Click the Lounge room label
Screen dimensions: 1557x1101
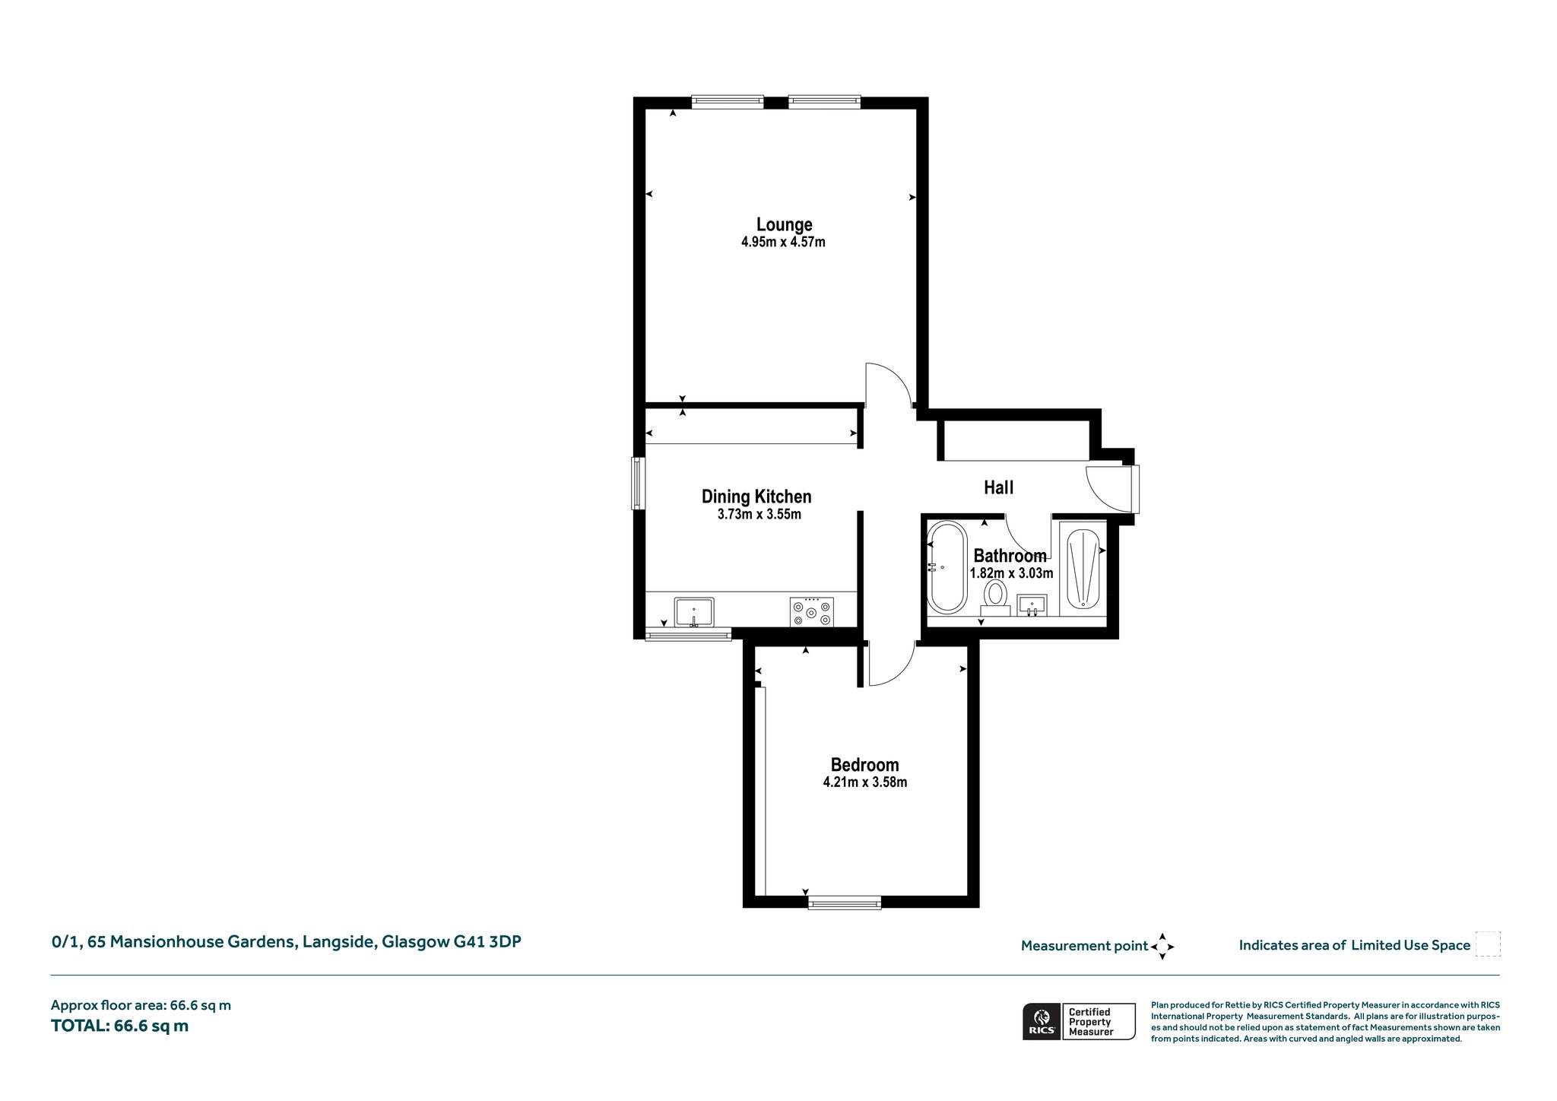[784, 225]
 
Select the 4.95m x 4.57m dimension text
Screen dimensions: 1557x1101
[783, 243]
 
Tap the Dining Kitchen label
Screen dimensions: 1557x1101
[756, 497]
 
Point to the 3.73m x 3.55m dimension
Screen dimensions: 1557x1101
[759, 515]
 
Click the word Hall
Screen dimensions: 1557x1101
[998, 487]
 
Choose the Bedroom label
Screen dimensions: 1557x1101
[864, 765]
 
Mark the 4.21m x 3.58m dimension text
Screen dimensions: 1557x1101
[865, 782]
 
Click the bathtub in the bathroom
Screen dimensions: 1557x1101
[947, 566]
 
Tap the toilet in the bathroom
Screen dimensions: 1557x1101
[995, 597]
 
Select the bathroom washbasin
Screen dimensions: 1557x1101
[1032, 605]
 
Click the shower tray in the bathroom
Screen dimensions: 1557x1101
[1083, 568]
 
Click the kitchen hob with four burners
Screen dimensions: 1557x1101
[812, 612]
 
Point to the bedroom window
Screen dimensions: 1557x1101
[845, 903]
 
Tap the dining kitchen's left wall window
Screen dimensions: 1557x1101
[638, 483]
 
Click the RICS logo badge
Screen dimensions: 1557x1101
[1079, 1021]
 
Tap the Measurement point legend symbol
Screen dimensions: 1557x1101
[1162, 947]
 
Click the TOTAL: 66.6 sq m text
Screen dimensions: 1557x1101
[119, 1026]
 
